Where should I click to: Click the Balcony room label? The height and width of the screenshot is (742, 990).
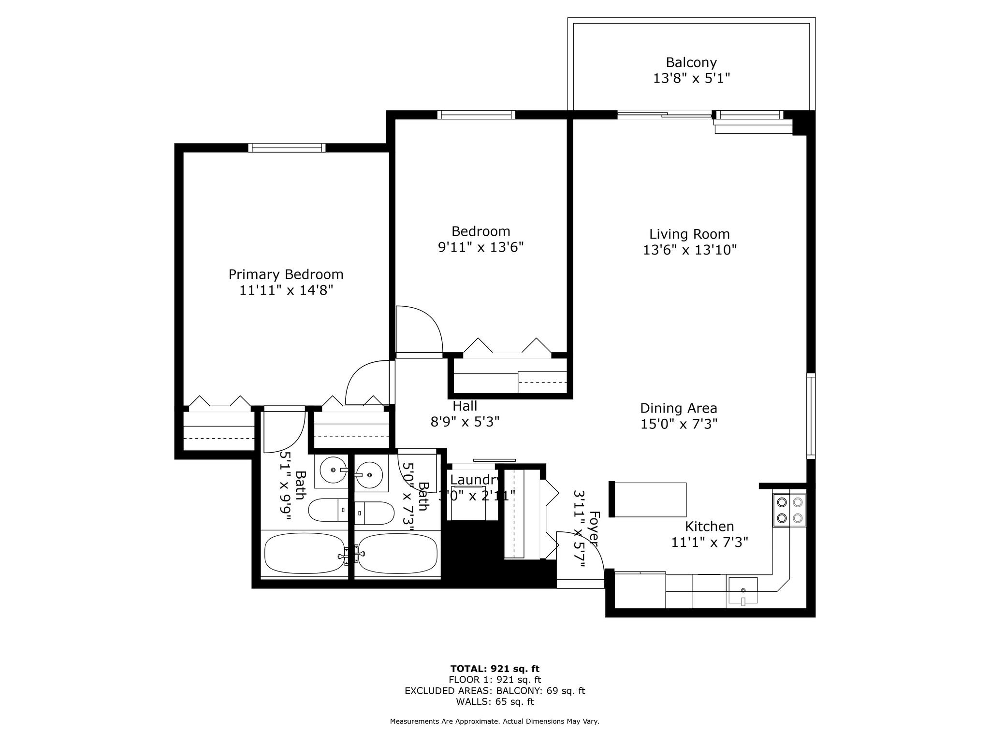(x=691, y=62)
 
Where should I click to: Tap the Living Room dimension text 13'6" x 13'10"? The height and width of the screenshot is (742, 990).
(x=689, y=250)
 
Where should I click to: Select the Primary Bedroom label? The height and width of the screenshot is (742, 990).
(x=286, y=274)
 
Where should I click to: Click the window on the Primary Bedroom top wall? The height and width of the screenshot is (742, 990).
(x=287, y=148)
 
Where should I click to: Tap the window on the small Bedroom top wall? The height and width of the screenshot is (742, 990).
(x=476, y=115)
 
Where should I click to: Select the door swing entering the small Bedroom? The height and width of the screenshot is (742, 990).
(x=419, y=331)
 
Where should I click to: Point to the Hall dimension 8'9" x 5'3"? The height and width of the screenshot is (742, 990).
(x=465, y=422)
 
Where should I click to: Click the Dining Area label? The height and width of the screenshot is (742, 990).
(x=678, y=408)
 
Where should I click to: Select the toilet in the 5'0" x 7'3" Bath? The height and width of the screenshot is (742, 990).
(x=374, y=513)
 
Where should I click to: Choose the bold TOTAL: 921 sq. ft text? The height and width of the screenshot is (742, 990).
(x=495, y=669)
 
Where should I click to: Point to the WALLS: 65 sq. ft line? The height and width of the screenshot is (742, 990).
(x=495, y=701)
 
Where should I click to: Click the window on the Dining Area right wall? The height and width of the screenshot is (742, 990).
(x=811, y=416)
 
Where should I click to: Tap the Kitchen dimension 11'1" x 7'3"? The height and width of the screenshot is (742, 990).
(x=709, y=542)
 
